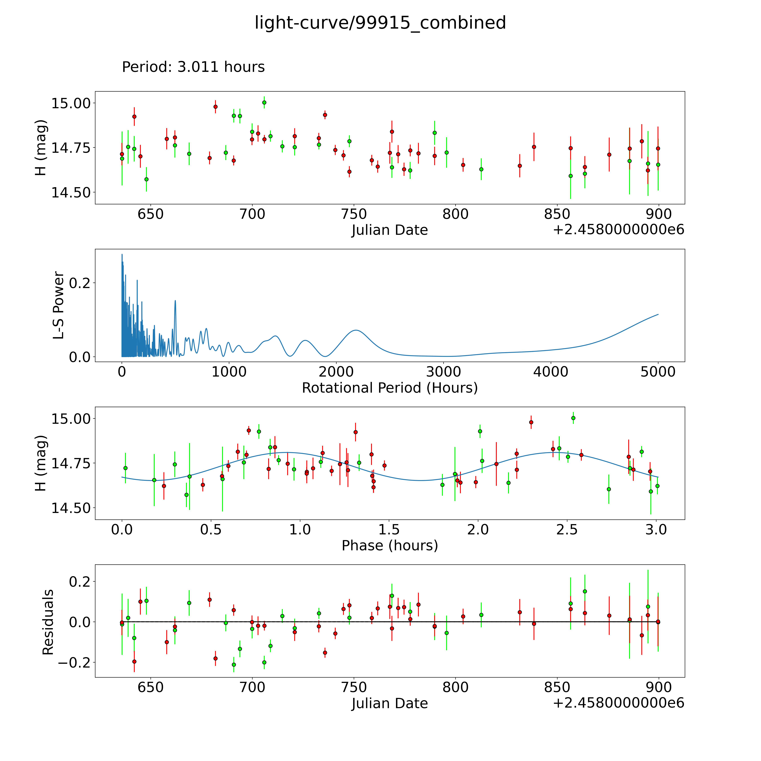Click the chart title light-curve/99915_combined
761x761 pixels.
click(380, 23)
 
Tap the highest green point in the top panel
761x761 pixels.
click(264, 102)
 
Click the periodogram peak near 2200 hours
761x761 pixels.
click(356, 330)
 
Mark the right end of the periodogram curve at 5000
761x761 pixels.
click(658, 314)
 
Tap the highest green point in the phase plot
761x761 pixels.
click(573, 418)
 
